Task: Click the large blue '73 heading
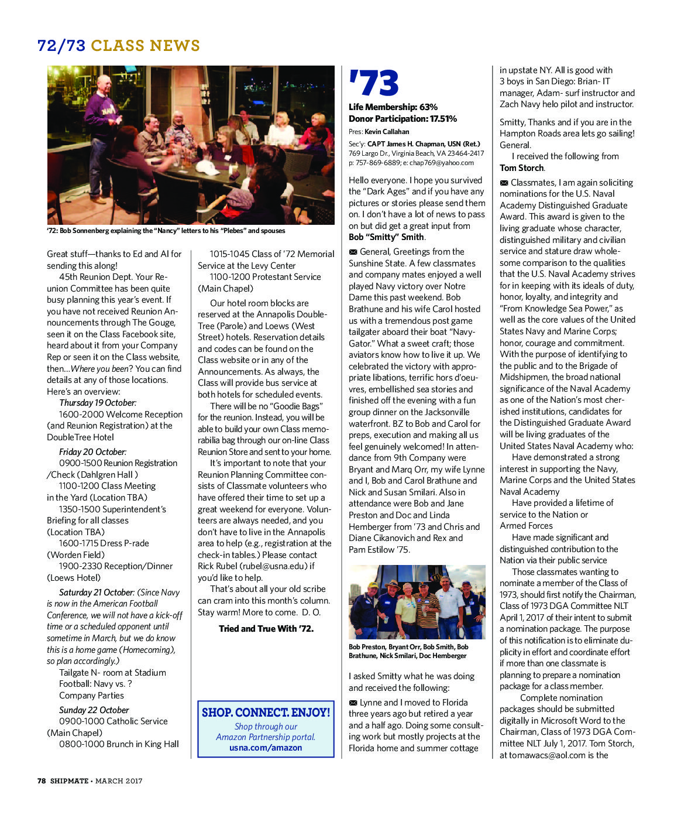[x=373, y=83]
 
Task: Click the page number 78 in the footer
[x=42, y=780]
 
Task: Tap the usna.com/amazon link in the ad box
[x=266, y=748]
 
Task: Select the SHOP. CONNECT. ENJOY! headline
[x=266, y=713]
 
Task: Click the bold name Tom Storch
[x=522, y=168]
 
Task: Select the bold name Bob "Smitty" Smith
[x=386, y=237]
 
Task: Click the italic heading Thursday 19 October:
[x=98, y=403]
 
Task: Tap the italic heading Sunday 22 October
[x=94, y=710]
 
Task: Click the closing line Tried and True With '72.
[x=266, y=629]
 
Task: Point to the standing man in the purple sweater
[x=104, y=117]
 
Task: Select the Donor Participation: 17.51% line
[x=403, y=119]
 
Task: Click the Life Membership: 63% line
[x=393, y=107]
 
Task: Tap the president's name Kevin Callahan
[x=387, y=132]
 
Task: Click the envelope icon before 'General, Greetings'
[x=353, y=252]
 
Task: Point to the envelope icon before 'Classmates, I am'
[x=504, y=183]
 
